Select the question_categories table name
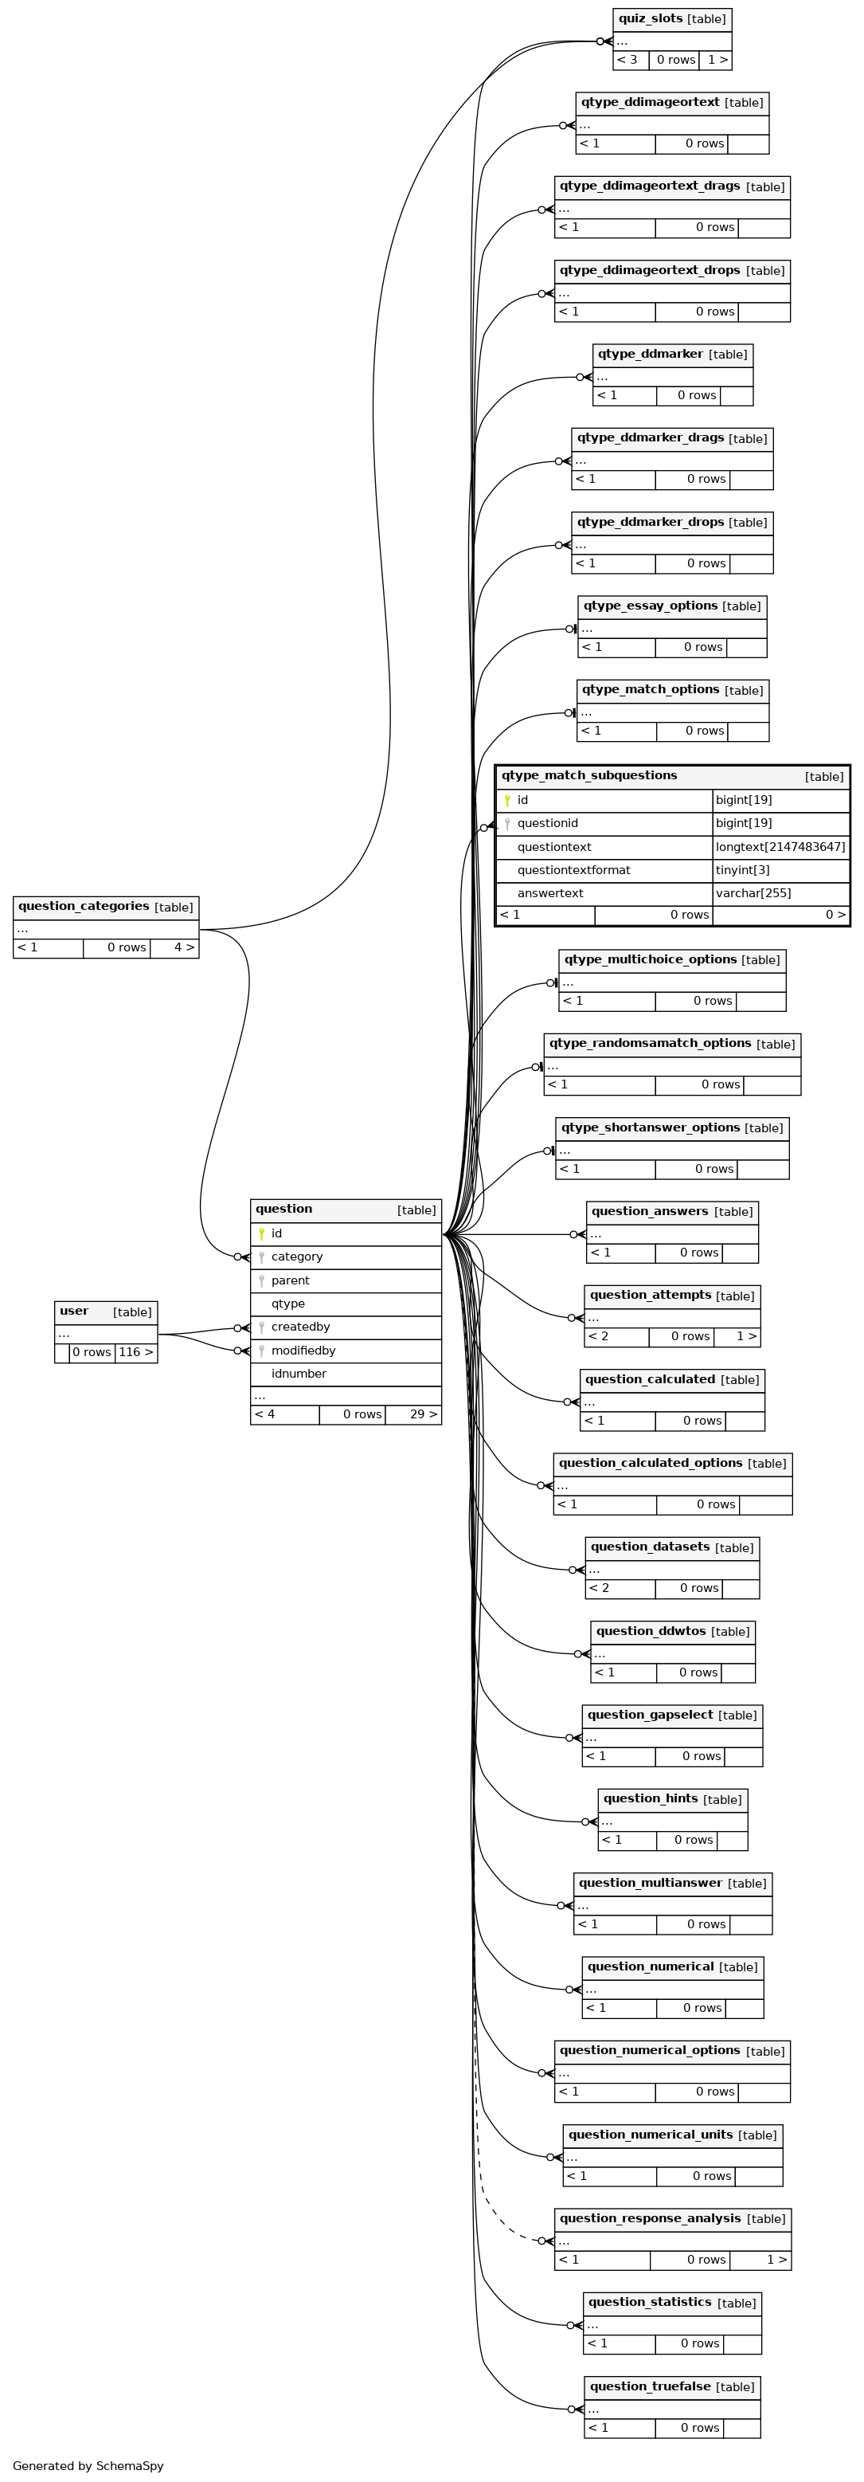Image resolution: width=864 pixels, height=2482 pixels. pyautogui.click(x=84, y=906)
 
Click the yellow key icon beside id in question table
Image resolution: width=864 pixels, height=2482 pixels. pyautogui.click(x=261, y=1233)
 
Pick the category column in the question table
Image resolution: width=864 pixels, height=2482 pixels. pyautogui.click(x=297, y=1257)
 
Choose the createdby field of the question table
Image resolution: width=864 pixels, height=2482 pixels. pyautogui.click(x=300, y=1327)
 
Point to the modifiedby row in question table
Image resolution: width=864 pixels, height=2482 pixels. pyautogui.click(x=303, y=1350)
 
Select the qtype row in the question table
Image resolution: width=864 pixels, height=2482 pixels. pyautogui.click(x=288, y=1304)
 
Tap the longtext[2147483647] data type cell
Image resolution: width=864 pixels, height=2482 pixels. pyautogui.click(x=780, y=847)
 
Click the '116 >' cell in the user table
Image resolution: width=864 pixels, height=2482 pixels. pyautogui.click(x=136, y=1352)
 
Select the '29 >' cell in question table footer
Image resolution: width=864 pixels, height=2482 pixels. pyautogui.click(x=413, y=1414)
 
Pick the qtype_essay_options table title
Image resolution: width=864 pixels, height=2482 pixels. pyautogui.click(x=650, y=605)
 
